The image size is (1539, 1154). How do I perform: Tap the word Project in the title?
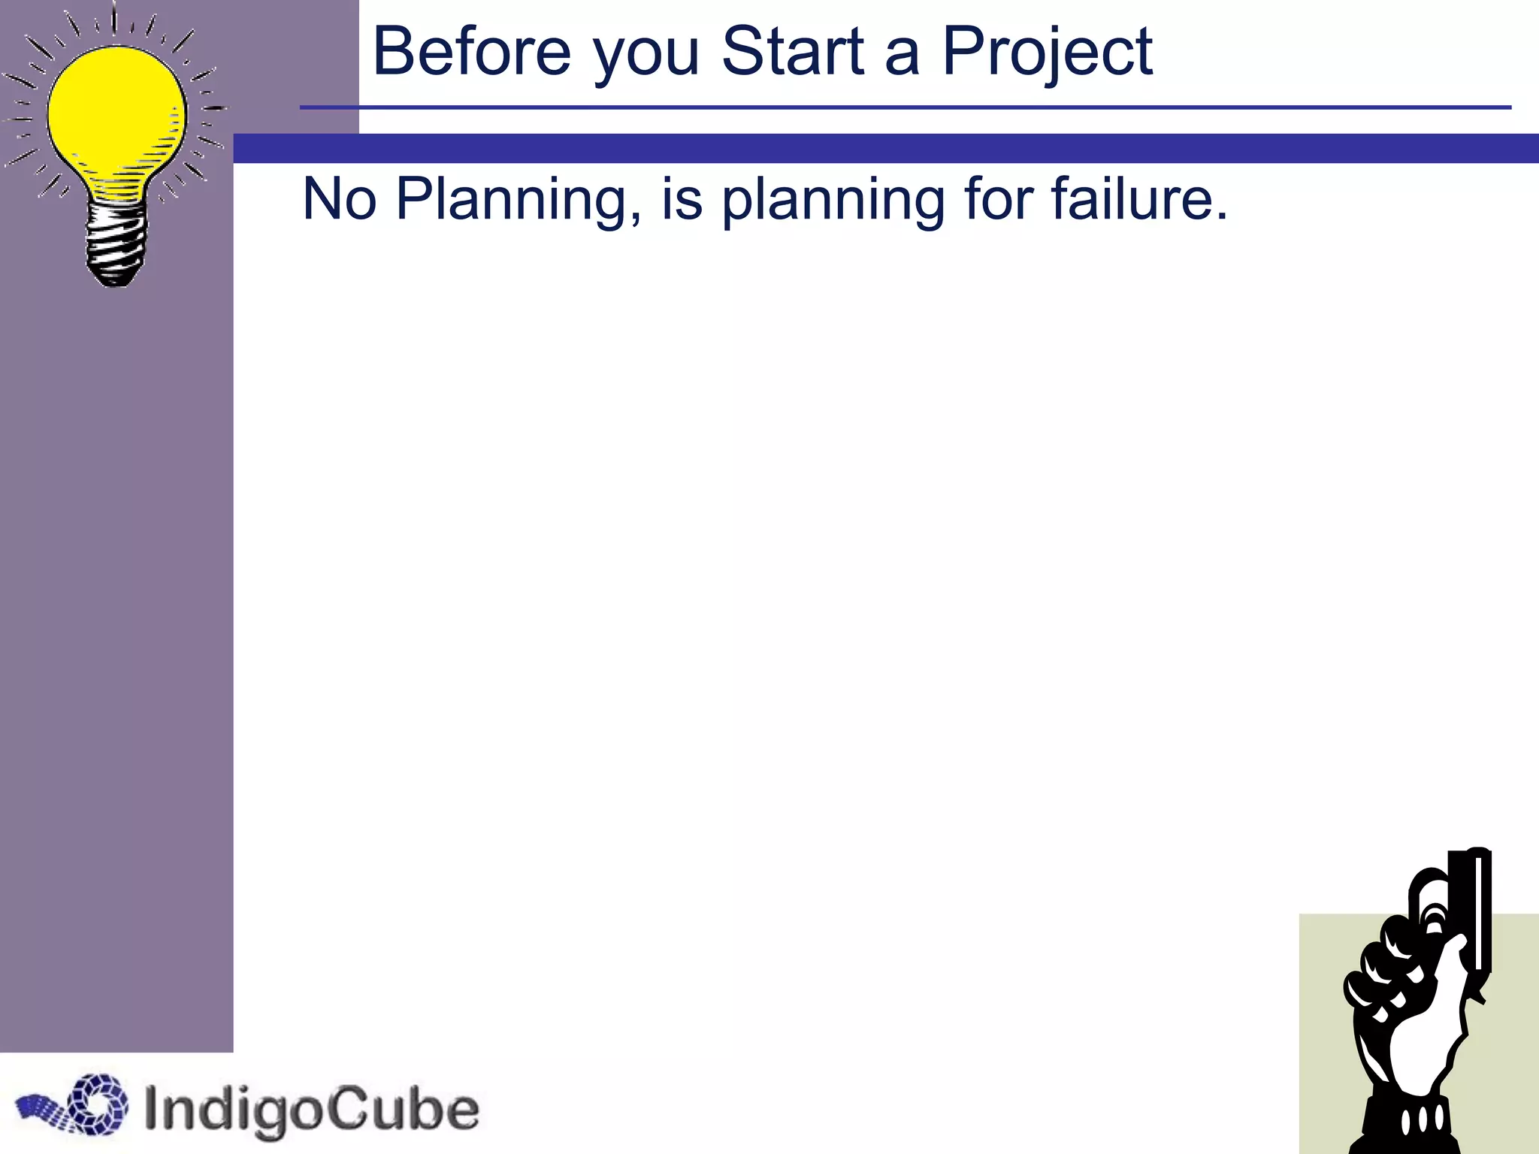(1047, 53)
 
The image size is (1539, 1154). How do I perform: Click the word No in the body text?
(339, 199)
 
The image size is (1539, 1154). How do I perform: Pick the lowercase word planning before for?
(832, 201)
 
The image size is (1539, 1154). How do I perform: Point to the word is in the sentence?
(682, 199)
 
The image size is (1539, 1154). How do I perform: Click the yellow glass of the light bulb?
(116, 113)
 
